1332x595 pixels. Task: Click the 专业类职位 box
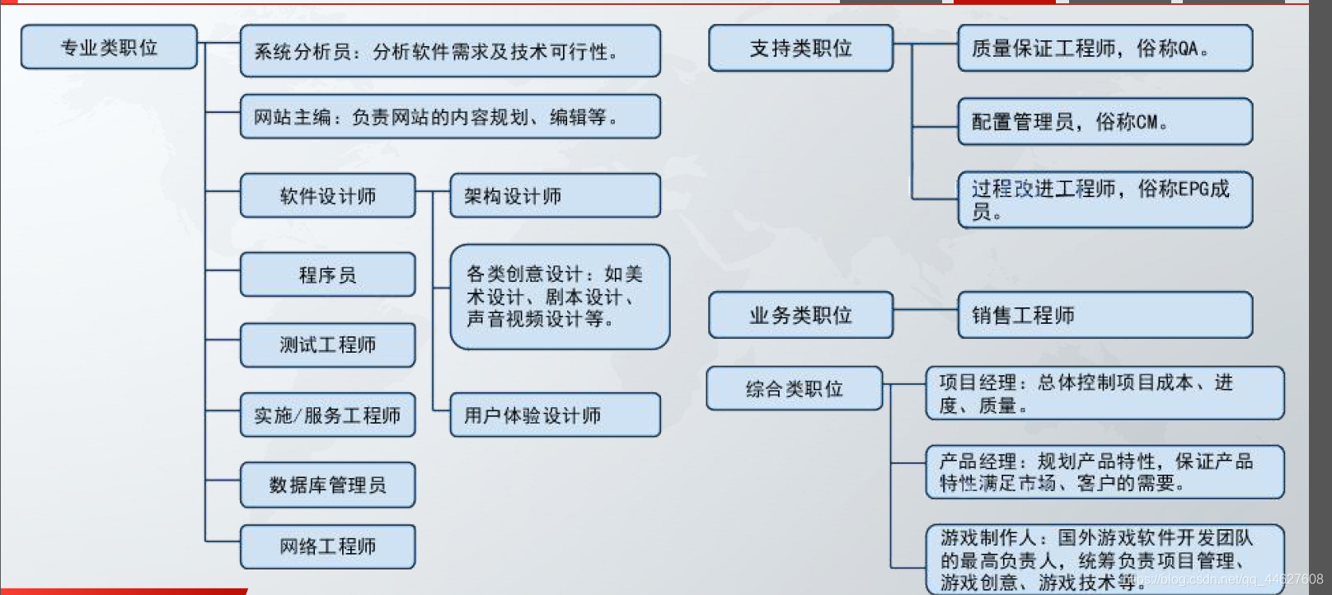click(x=109, y=47)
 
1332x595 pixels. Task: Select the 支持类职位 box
click(x=800, y=48)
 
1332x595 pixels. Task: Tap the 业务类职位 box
click(x=800, y=315)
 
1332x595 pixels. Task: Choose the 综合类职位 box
click(x=794, y=388)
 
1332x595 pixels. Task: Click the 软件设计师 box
click(x=327, y=195)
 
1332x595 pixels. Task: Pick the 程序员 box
click(x=327, y=274)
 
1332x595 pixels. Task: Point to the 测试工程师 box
click(x=327, y=344)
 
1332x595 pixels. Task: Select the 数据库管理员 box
click(x=327, y=485)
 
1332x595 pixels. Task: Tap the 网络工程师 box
click(x=327, y=546)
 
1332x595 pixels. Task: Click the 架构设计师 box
click(x=555, y=195)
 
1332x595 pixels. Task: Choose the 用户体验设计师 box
click(x=555, y=415)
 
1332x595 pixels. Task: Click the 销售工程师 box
click(x=1105, y=315)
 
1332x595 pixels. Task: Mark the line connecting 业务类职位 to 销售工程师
click(x=925, y=310)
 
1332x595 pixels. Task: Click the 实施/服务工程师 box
click(x=327, y=415)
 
